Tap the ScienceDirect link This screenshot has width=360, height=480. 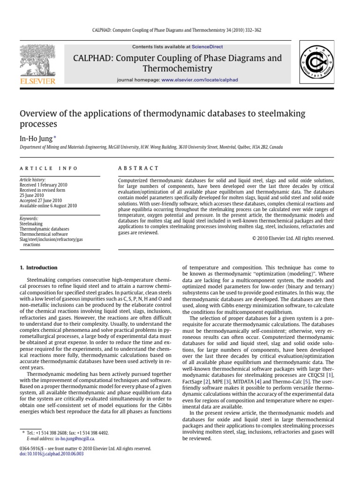[x=206, y=47]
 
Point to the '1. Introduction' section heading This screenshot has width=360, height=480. [x=38, y=268]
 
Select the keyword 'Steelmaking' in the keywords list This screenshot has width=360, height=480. [x=31, y=224]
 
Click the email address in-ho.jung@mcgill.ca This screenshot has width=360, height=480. [x=75, y=439]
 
